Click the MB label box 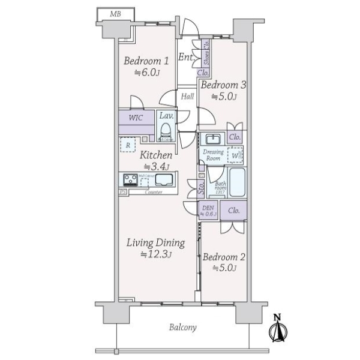point(115,13)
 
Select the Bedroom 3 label point(223,85)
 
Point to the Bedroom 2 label point(223,257)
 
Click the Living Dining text point(155,243)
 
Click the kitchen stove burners point(130,179)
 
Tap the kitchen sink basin point(164,179)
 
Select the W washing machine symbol point(235,156)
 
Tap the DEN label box point(208,211)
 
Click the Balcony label point(183,328)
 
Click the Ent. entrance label point(185,58)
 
